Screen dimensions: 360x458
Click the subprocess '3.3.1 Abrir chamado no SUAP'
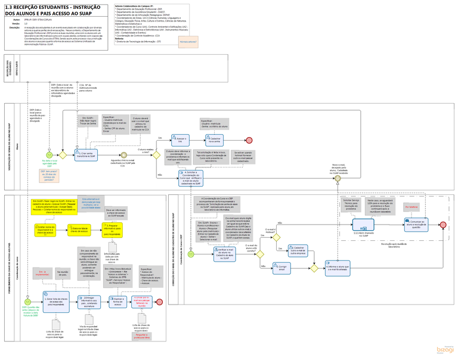[x=363, y=225]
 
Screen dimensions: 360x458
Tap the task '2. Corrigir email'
[x=282, y=268]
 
